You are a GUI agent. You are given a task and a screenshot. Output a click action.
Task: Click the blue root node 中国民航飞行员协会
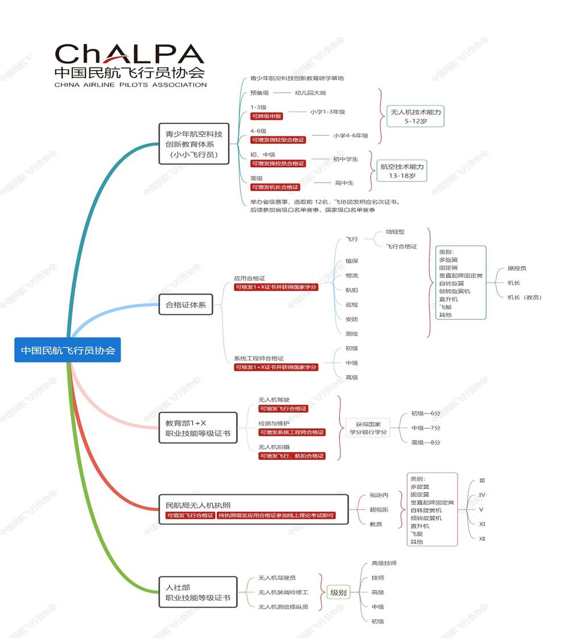pyautogui.click(x=68, y=350)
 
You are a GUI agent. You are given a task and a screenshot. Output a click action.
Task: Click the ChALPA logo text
pyautogui.click(x=130, y=55)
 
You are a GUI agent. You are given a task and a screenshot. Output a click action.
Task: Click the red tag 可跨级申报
pyautogui.click(x=267, y=116)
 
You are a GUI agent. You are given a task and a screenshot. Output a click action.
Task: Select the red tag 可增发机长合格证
pyautogui.click(x=275, y=187)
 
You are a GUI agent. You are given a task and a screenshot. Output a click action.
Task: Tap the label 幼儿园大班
pyautogui.click(x=310, y=93)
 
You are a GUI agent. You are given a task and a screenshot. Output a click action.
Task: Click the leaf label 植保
pyautogui.click(x=352, y=261)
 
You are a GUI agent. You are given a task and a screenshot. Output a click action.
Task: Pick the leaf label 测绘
pyautogui.click(x=352, y=334)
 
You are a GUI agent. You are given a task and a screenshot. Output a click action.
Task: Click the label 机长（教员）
pyautogui.click(x=524, y=297)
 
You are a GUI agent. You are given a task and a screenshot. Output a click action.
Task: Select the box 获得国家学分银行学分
pyautogui.click(x=368, y=428)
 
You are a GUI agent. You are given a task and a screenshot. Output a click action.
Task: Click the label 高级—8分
pyautogui.click(x=426, y=442)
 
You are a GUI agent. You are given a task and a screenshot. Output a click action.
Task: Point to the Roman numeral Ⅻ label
pyautogui.click(x=482, y=538)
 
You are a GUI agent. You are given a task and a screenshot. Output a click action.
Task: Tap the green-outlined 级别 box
pyautogui.click(x=338, y=593)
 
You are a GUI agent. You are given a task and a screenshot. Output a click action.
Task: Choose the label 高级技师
pyautogui.click(x=384, y=563)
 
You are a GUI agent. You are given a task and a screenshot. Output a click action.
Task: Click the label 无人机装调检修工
pyautogui.click(x=283, y=593)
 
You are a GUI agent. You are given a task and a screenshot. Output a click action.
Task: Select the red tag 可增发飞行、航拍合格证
pyautogui.click(x=292, y=456)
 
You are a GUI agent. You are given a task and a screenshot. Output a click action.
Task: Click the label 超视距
pyautogui.click(x=379, y=509)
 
